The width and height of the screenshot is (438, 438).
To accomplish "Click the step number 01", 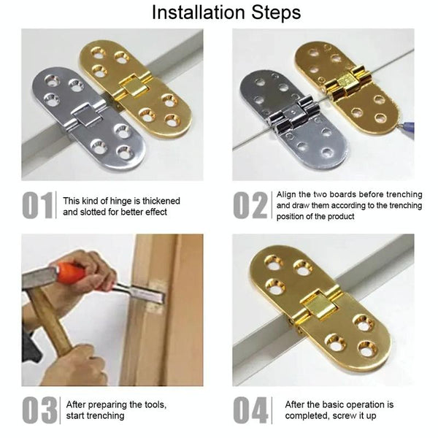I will tap(37, 206).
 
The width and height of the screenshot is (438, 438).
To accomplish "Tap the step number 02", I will tap(250, 206).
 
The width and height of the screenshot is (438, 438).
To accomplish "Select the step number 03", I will tap(39, 409).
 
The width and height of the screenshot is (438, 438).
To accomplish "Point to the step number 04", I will tap(250, 409).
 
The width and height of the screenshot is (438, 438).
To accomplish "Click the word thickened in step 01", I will tap(157, 201).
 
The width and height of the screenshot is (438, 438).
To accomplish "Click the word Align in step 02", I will tap(288, 195).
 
